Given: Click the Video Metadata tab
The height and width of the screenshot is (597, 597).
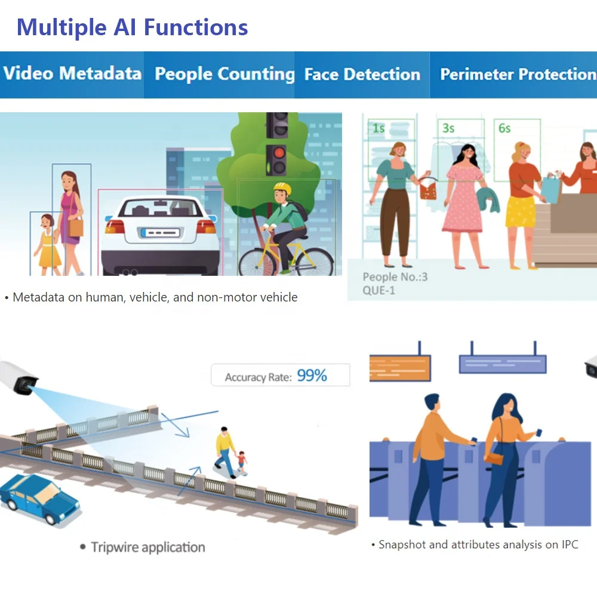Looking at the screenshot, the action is pyautogui.click(x=72, y=74).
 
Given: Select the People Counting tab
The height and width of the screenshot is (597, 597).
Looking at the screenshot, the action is pyautogui.click(x=224, y=75).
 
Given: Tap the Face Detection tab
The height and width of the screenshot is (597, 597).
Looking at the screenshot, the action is pyautogui.click(x=362, y=75).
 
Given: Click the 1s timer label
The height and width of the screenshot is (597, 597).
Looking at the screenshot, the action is pyautogui.click(x=378, y=128).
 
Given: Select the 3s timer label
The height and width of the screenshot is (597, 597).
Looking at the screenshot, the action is pyautogui.click(x=448, y=128).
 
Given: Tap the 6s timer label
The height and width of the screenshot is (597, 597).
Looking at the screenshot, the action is pyautogui.click(x=504, y=128).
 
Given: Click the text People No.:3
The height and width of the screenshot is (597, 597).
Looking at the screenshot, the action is pyautogui.click(x=395, y=277).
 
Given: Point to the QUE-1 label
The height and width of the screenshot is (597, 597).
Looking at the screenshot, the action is pyautogui.click(x=378, y=291).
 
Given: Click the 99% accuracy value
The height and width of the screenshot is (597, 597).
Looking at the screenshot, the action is pyautogui.click(x=312, y=376).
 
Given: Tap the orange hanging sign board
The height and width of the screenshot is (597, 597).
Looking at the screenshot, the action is pyautogui.click(x=400, y=367).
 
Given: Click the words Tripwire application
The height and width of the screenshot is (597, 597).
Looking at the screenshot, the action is pyautogui.click(x=148, y=547).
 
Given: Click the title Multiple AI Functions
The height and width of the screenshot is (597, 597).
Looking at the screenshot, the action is pyautogui.click(x=132, y=27).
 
